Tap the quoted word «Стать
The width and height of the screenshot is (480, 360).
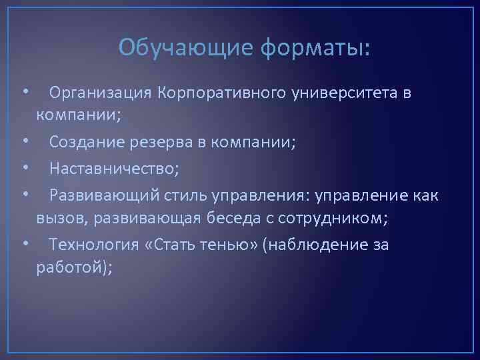pos(166,245)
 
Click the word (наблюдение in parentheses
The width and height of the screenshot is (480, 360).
pos(315,245)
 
